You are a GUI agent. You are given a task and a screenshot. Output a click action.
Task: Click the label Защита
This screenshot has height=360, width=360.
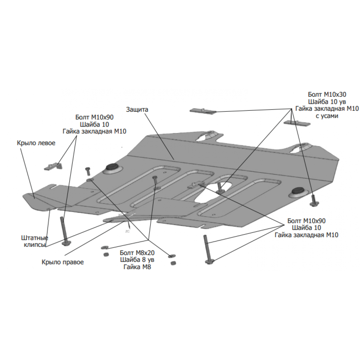pyautogui.click(x=137, y=109)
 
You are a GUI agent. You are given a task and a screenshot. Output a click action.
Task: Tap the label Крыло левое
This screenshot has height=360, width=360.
pyautogui.click(x=36, y=143)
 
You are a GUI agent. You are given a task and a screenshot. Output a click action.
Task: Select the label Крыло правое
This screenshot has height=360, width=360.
pyautogui.click(x=63, y=262)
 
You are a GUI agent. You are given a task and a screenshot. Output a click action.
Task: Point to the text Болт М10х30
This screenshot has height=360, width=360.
pyautogui.click(x=327, y=94)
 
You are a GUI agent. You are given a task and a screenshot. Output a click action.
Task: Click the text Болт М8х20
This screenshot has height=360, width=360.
pyautogui.click(x=137, y=253)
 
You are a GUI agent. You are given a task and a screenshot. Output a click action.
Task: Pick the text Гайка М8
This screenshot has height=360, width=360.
pyautogui.click(x=137, y=267)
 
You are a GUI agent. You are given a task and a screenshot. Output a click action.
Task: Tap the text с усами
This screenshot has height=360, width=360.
pyautogui.click(x=327, y=116)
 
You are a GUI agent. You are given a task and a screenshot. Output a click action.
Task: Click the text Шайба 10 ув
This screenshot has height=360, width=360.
pyautogui.click(x=327, y=101)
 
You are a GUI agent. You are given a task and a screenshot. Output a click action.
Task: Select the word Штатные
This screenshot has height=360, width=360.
pyautogui.click(x=35, y=238)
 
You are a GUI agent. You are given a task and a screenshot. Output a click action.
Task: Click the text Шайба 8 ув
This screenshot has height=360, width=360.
pyautogui.click(x=137, y=260)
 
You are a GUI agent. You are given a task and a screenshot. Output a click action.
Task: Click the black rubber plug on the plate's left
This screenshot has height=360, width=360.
pyautogui.click(x=112, y=167)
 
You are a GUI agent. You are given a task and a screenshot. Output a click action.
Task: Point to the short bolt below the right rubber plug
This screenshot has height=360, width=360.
pyautogui.click(x=313, y=201)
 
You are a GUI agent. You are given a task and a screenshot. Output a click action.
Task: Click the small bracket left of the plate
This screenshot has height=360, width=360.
pyautogui.click(x=53, y=166)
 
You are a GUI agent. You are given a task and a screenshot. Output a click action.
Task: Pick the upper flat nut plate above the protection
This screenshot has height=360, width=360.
pyautogui.click(x=203, y=111)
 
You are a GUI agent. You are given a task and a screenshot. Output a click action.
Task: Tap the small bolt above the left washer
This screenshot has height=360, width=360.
pyautogui.click(x=88, y=171)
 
